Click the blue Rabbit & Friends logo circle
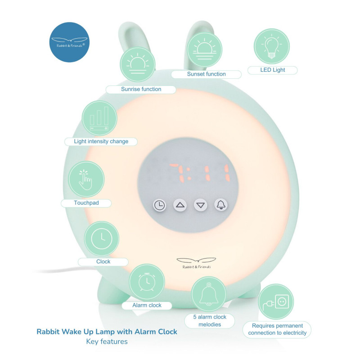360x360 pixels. point(69,40)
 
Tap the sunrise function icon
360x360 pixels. point(138,64)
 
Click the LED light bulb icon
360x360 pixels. point(272,46)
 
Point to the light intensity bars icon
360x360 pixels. point(99,118)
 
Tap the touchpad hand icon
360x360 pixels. point(85,179)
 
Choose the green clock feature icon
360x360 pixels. point(102,238)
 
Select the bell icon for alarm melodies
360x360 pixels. point(209,294)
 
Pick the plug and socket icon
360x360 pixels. point(276,302)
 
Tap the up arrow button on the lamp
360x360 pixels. point(180,205)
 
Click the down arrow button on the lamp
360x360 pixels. point(201,205)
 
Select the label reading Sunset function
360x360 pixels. point(207,74)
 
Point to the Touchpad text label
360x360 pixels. point(86,203)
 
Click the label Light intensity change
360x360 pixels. point(101,141)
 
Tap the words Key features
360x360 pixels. point(107,342)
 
